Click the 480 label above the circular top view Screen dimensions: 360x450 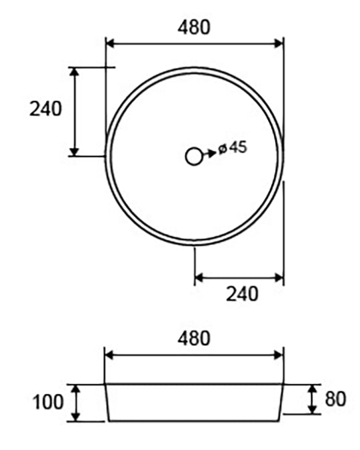coord(194,27)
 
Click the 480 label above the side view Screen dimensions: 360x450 coord(194,338)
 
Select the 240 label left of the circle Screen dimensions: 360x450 coord(45,109)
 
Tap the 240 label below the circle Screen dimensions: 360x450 coord(242,294)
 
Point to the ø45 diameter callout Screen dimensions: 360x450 coord(233,147)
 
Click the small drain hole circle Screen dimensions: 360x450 coord(194,157)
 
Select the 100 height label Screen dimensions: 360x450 coord(48,402)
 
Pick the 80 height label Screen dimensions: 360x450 coord(335,399)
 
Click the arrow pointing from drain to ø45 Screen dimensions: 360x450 coord(209,153)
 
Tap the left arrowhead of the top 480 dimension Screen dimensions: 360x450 coord(111,44)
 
